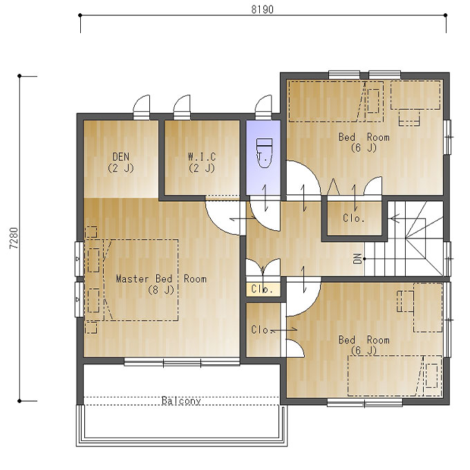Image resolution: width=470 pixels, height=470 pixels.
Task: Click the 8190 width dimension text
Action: click(x=262, y=10)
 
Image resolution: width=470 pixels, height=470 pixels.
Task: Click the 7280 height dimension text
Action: click(x=14, y=238)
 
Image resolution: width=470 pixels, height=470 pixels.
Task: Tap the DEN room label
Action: click(x=121, y=156)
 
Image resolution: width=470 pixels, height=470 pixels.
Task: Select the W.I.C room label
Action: click(x=202, y=156)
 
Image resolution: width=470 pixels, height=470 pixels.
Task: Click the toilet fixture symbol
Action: click(x=264, y=153)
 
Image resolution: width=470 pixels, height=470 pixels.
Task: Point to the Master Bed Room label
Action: click(x=161, y=279)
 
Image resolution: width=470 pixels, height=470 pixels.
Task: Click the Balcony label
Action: click(x=181, y=400)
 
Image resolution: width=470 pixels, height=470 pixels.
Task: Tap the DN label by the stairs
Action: click(x=357, y=258)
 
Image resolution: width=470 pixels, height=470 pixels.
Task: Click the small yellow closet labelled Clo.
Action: click(x=263, y=289)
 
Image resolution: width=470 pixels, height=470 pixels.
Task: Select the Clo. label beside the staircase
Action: click(x=354, y=218)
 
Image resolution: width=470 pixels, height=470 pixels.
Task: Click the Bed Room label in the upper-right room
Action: click(x=364, y=138)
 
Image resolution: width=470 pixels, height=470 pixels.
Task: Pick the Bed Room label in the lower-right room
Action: click(x=364, y=340)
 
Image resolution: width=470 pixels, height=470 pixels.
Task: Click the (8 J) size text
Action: click(x=161, y=290)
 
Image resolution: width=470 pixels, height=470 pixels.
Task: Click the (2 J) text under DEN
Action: click(x=120, y=168)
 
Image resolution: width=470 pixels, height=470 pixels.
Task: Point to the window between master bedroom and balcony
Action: click(x=182, y=363)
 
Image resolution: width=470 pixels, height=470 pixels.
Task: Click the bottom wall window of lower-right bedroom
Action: click(x=364, y=402)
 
